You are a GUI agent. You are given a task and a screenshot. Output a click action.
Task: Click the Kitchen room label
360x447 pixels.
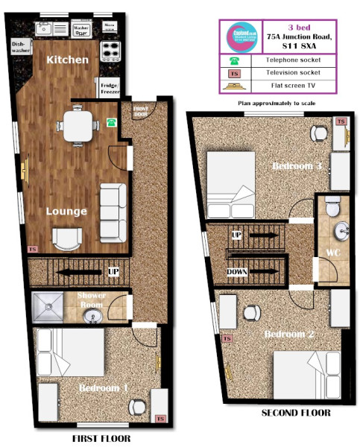click(x=68, y=60)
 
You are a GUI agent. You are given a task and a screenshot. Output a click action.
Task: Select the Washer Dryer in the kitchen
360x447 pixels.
click(x=81, y=29)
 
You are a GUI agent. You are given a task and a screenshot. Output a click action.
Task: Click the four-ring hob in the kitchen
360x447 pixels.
click(x=110, y=50)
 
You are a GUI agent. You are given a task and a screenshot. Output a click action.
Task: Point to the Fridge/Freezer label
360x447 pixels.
click(x=109, y=88)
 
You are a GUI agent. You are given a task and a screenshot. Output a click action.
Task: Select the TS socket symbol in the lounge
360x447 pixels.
click(x=31, y=249)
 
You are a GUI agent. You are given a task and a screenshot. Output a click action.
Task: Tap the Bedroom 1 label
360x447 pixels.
click(x=103, y=388)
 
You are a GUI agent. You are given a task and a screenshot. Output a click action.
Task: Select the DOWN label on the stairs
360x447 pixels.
click(x=238, y=273)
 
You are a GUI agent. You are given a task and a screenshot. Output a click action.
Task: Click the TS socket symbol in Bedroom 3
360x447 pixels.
click(x=341, y=121)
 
